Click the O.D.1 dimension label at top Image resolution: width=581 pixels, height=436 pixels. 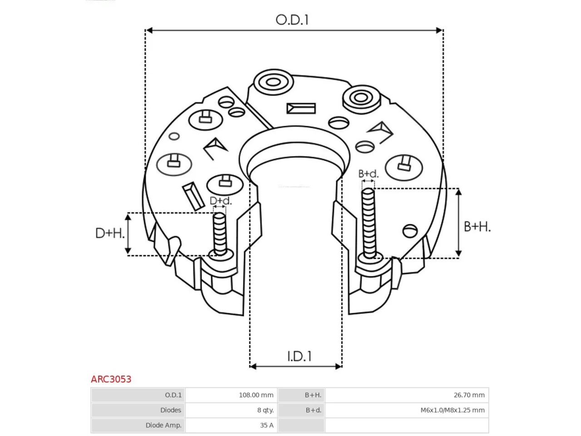292,20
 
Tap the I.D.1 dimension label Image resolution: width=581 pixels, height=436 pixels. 299,357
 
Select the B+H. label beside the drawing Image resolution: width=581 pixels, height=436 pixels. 477,227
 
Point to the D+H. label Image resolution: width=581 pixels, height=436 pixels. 110,233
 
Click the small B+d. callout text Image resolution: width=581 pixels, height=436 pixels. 368,173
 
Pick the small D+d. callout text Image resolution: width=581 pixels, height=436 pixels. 221,201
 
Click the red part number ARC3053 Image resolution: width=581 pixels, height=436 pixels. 111,379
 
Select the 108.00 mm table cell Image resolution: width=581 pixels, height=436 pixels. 256,395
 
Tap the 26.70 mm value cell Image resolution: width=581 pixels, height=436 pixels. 469,395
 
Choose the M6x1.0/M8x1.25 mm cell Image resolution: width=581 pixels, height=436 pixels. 453,410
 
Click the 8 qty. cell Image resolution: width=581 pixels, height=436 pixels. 265,410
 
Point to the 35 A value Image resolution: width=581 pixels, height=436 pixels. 267,425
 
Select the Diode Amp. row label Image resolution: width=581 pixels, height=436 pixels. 163,425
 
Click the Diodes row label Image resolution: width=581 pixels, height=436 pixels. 171,410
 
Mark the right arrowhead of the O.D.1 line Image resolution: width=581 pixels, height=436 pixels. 439,30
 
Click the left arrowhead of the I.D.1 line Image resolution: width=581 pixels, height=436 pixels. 253,367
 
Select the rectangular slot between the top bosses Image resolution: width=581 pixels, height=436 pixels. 301,108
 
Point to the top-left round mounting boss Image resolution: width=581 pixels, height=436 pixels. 273,82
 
